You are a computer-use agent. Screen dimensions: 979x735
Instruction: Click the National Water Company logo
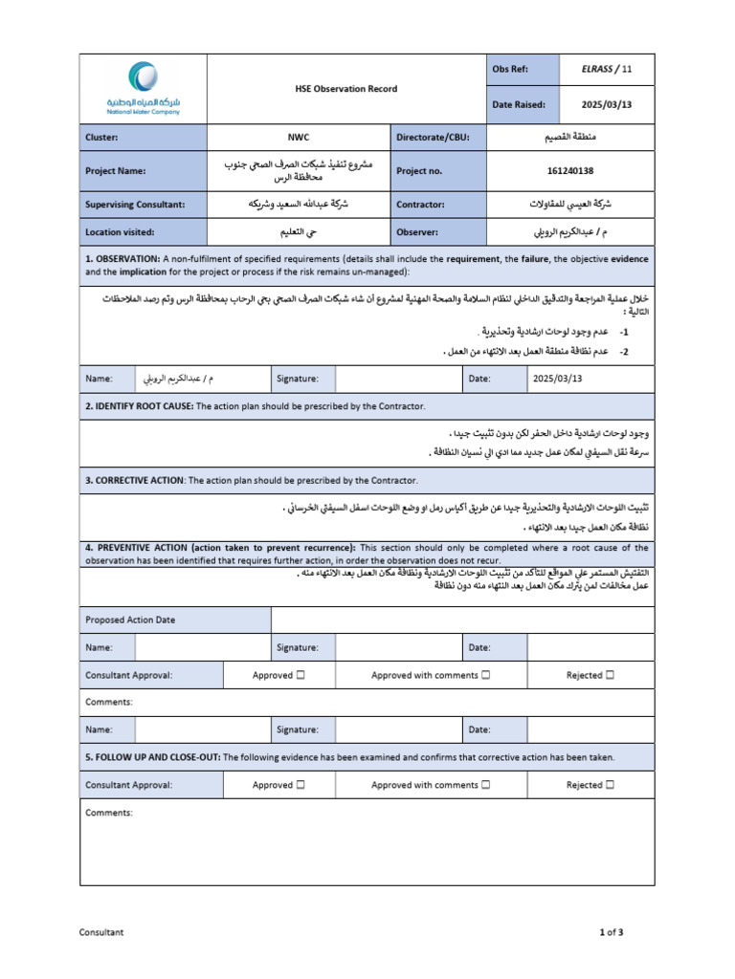[x=143, y=88]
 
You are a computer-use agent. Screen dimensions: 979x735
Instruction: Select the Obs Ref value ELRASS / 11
[x=607, y=69]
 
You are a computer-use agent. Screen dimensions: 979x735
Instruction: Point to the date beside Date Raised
[x=607, y=105]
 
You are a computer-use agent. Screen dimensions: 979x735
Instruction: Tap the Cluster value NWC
[x=300, y=138]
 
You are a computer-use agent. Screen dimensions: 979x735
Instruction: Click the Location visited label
[x=120, y=232]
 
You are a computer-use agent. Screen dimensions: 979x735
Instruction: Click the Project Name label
[x=118, y=171]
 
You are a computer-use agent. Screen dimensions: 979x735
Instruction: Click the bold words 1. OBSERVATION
[x=122, y=259]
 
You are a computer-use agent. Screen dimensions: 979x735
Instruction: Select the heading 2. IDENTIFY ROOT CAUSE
[x=139, y=406]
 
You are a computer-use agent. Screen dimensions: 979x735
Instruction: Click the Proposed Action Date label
[x=130, y=620]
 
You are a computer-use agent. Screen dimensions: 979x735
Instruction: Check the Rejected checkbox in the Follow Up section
[x=610, y=785]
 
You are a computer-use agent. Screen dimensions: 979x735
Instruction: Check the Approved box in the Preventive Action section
[x=301, y=675]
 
